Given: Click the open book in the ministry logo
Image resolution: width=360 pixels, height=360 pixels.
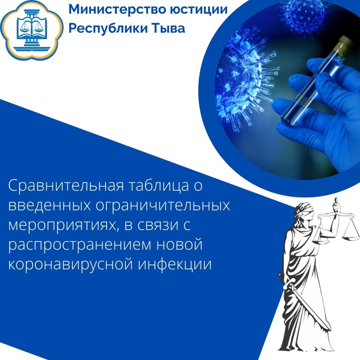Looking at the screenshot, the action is tap(32, 28).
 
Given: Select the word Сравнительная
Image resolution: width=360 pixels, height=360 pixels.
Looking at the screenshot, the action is tap(66, 186).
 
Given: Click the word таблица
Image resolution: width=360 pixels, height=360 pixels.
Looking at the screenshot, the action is tap(158, 186).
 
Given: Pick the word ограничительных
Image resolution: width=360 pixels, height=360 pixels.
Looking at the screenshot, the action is tap(162, 205).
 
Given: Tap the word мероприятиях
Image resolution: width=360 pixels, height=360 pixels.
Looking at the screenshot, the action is tap(64, 225).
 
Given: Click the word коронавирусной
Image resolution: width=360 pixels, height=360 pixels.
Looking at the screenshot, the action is tap(70, 265).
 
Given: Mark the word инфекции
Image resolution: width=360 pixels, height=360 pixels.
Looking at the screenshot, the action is tap(174, 265).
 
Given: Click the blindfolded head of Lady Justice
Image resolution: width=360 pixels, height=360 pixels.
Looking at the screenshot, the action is tap(303, 212).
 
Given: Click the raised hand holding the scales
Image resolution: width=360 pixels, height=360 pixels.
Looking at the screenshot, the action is tap(337, 207).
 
